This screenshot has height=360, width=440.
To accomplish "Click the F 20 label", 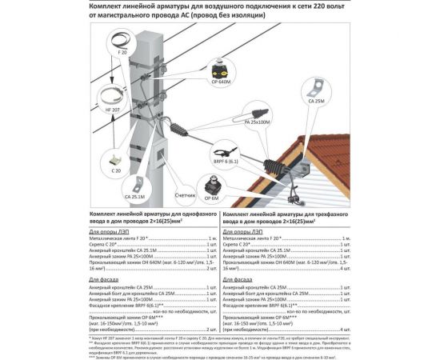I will (122, 53).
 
